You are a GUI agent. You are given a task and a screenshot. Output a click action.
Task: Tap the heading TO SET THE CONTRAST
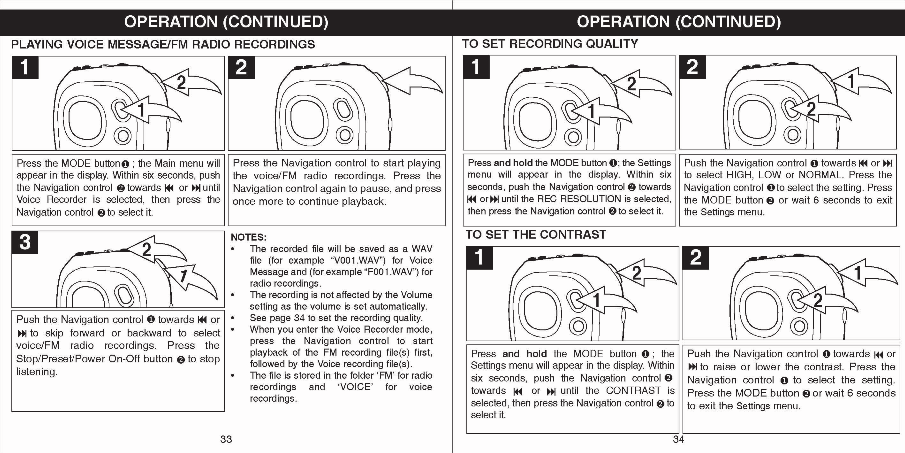[x=536, y=235]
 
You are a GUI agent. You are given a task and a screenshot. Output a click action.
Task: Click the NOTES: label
[x=248, y=237]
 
